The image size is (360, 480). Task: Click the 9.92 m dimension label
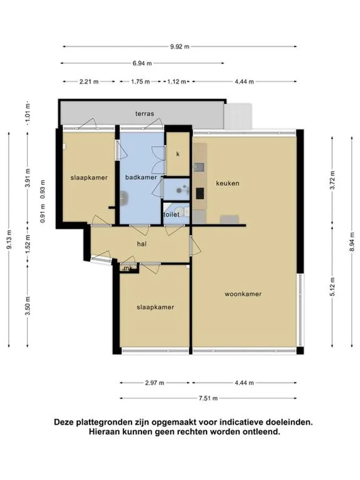coord(180,47)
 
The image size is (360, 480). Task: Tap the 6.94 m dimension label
coord(142,64)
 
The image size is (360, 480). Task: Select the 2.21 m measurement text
coord(89,82)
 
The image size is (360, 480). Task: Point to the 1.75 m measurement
coord(140,82)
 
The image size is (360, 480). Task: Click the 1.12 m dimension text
coord(176,82)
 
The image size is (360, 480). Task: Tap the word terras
coord(145,114)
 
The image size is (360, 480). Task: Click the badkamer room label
coord(141,177)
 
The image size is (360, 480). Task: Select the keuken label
coord(228,184)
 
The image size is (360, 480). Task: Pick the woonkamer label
coord(243,294)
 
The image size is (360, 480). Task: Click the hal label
coord(142,244)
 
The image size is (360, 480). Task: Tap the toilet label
coord(172,215)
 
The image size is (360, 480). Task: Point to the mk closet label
coord(128,268)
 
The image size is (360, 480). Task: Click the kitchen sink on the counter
coord(199,167)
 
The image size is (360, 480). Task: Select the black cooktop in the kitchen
coord(200,193)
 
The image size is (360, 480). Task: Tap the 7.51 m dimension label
coord(208,398)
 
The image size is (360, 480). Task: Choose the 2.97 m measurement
coord(155,383)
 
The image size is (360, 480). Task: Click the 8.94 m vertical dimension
coord(352,242)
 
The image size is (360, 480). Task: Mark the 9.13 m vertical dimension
coord(9,240)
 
